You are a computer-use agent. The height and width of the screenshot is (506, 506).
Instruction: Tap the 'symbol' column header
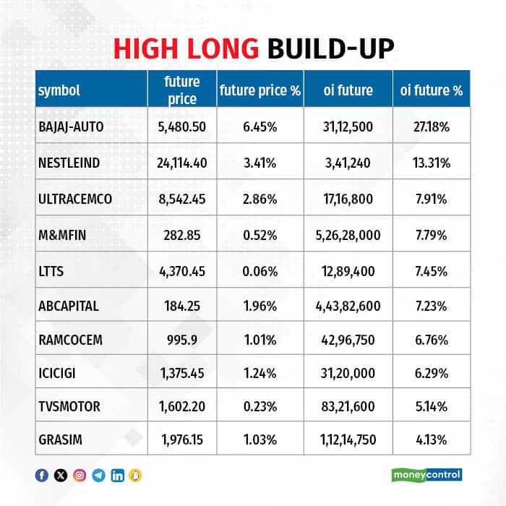59,90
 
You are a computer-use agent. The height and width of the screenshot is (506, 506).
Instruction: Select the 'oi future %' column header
432,90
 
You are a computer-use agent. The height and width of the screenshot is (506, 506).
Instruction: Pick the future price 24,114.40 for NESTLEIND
181,163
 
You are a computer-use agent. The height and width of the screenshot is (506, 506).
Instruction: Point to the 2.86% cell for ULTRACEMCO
260,198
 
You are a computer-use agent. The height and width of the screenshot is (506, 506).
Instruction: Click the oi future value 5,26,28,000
348,234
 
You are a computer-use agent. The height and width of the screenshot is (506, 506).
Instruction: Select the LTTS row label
51,270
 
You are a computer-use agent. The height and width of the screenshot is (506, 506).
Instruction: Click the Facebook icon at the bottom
42,475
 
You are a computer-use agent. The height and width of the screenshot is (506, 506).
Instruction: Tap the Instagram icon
80,475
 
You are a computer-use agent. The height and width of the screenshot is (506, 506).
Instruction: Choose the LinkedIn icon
117,475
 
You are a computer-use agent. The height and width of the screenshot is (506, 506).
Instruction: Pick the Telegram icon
98,475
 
